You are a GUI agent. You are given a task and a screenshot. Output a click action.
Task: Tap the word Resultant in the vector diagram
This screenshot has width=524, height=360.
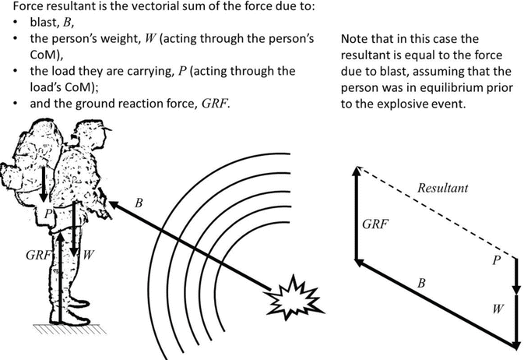click(442, 189)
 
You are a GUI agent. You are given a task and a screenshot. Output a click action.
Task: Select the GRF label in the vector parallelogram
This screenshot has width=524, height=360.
click(375, 225)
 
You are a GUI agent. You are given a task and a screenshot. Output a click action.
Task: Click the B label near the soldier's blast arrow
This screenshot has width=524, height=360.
click(139, 203)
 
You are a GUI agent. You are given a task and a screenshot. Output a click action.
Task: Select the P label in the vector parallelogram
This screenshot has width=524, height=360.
click(495, 261)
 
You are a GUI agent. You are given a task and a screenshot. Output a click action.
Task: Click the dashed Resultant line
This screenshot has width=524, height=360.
click(436, 210)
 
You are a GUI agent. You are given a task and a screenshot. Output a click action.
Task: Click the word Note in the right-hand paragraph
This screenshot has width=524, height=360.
click(354, 38)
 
